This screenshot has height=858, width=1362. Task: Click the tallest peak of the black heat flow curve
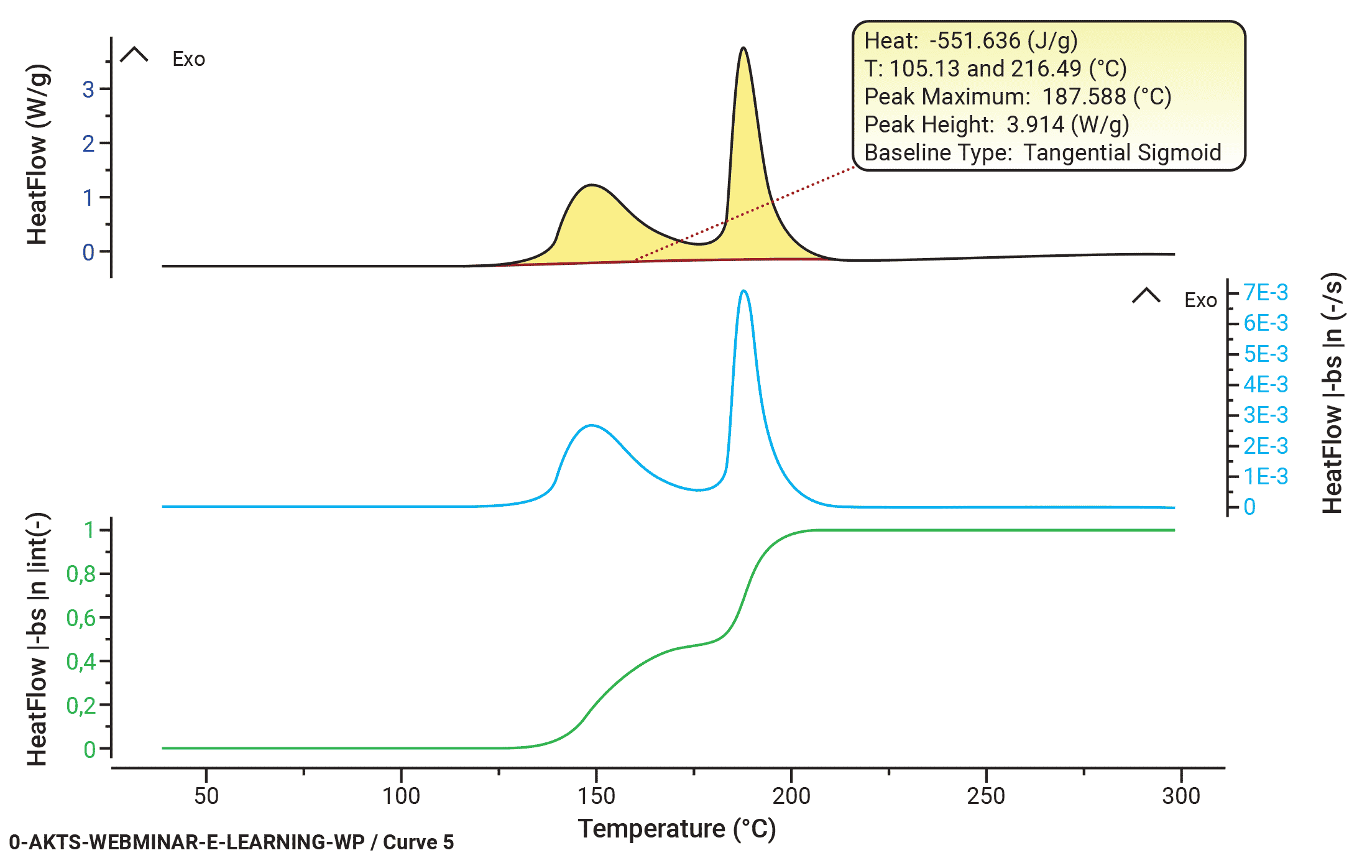[x=743, y=49]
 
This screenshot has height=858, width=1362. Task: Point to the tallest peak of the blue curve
[x=743, y=291]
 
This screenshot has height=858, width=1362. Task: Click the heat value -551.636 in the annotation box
[x=974, y=40]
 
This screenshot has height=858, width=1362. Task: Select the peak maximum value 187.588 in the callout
[x=1084, y=96]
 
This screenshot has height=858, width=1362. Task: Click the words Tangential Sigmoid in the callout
[x=1122, y=152]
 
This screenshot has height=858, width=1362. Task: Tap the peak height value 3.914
[x=1035, y=124]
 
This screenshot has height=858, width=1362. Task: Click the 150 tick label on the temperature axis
[x=596, y=796]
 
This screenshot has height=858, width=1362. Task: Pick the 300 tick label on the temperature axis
[x=1180, y=796]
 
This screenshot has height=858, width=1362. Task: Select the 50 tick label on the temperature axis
[x=206, y=796]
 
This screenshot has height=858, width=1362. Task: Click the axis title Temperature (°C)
[x=677, y=829]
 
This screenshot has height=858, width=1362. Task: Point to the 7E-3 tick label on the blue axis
[x=1266, y=292]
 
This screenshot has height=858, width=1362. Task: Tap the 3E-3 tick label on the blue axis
[x=1266, y=415]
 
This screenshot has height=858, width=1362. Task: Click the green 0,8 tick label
[x=81, y=574]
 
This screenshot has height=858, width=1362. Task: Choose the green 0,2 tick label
[x=81, y=706]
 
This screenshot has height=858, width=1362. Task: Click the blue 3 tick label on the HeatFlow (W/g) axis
[x=88, y=90]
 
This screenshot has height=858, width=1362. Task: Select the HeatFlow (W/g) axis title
[x=37, y=154]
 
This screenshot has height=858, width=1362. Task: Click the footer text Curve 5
[x=418, y=842]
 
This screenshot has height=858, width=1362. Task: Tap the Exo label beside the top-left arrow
[x=188, y=59]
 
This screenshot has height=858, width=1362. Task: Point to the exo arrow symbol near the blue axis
[x=1146, y=296]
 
